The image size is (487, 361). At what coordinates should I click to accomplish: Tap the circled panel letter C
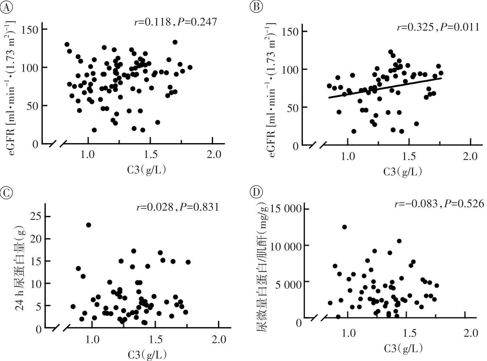click(x=6, y=193)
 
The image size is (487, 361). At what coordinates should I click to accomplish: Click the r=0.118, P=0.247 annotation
click(x=175, y=22)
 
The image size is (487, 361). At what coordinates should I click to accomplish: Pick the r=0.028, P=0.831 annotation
click(x=178, y=207)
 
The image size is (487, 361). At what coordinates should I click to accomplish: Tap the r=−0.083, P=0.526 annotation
click(x=439, y=204)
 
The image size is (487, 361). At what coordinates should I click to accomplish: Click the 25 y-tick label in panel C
click(x=34, y=216)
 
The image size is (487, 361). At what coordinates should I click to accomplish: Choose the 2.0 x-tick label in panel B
click(x=470, y=157)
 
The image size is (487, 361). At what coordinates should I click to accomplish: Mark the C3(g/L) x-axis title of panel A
click(x=146, y=170)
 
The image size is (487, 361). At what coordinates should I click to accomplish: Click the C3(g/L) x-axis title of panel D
click(x=404, y=349)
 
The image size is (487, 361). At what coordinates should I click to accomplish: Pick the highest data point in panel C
click(x=89, y=225)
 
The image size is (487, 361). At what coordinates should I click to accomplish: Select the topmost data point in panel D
click(x=344, y=227)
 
